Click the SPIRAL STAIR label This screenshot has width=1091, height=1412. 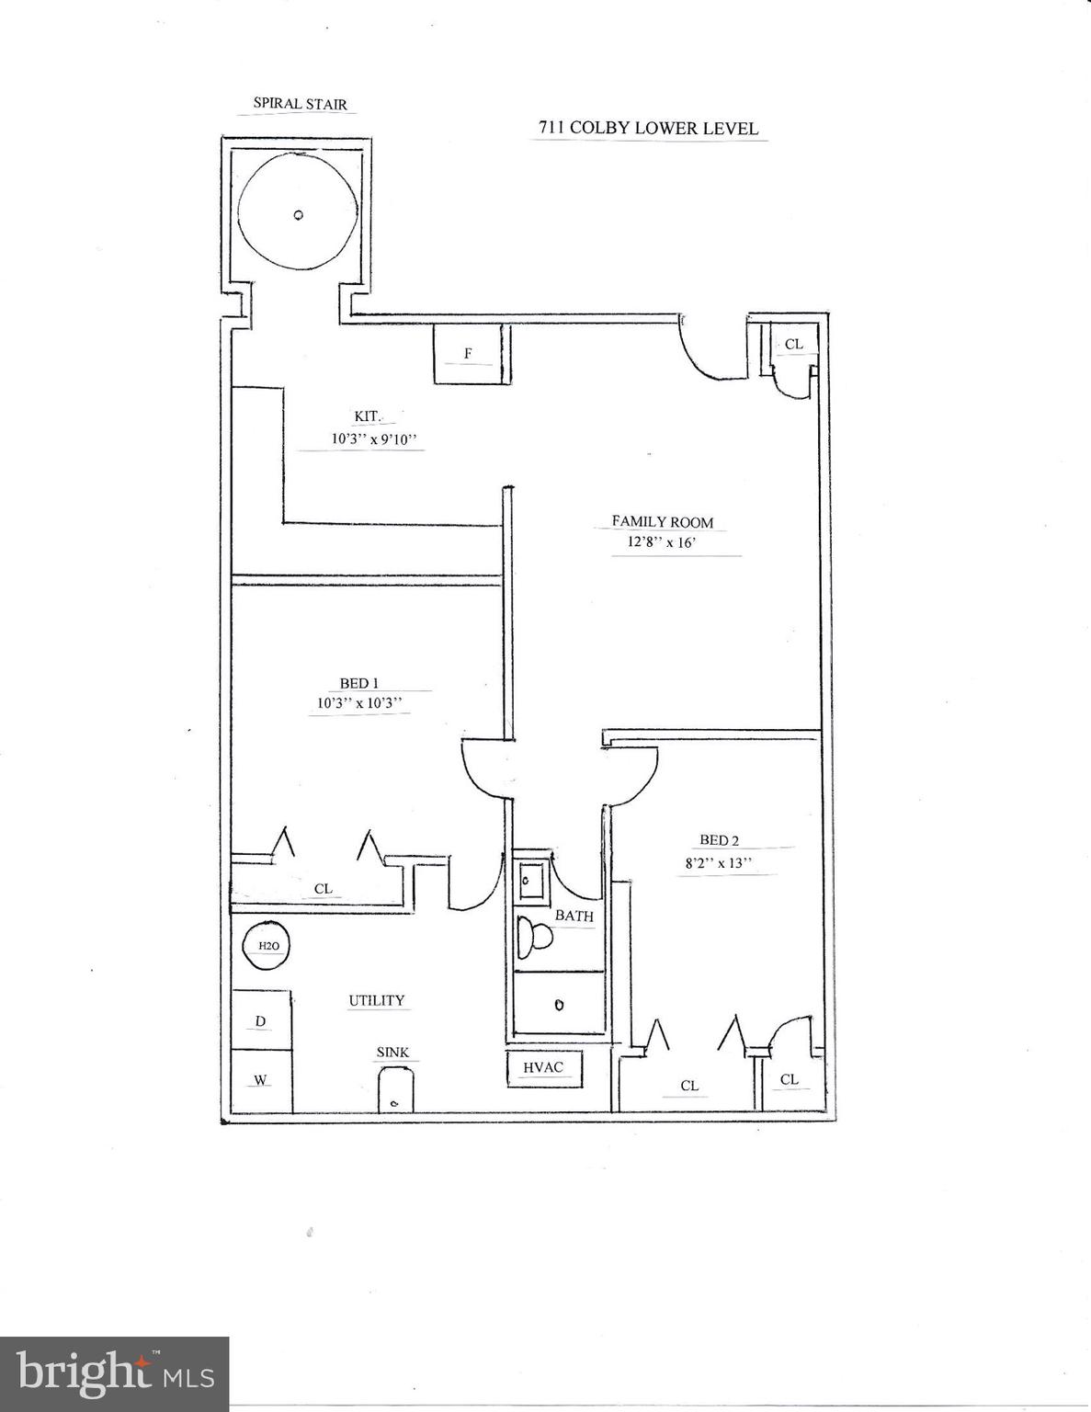pos(301,104)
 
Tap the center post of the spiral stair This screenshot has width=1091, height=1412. pos(297,216)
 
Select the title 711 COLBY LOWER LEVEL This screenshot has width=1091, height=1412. pos(648,128)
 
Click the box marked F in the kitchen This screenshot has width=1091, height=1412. pos(468,354)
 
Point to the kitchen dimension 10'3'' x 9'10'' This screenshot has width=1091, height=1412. pos(374,439)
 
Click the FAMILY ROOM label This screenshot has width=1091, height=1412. pos(662,521)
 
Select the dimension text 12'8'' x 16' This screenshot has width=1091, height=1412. pos(654,542)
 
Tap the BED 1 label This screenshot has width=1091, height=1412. pos(359,683)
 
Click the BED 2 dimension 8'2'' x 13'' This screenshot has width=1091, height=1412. pos(719,863)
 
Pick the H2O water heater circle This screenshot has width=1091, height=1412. pos(267,946)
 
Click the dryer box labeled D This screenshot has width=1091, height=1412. pos(261,1021)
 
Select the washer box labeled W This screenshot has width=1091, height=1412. pos(261,1080)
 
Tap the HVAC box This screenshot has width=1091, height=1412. pos(544,1068)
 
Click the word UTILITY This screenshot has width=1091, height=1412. pos(376,1000)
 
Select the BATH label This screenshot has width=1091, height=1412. pos(574,916)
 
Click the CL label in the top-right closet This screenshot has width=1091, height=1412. pos(793,345)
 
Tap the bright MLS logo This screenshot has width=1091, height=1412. pos(115,1374)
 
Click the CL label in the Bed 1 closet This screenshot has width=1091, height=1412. pos(323,889)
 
